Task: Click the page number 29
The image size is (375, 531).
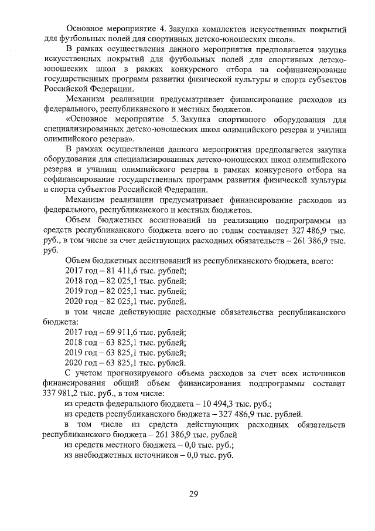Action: pyautogui.click(x=193, y=493)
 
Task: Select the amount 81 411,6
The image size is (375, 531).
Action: pyautogui.click(x=117, y=270)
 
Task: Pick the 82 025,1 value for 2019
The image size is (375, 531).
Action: pyautogui.click(x=117, y=291)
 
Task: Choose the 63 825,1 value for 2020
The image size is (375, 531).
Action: pyautogui.click(x=117, y=363)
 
